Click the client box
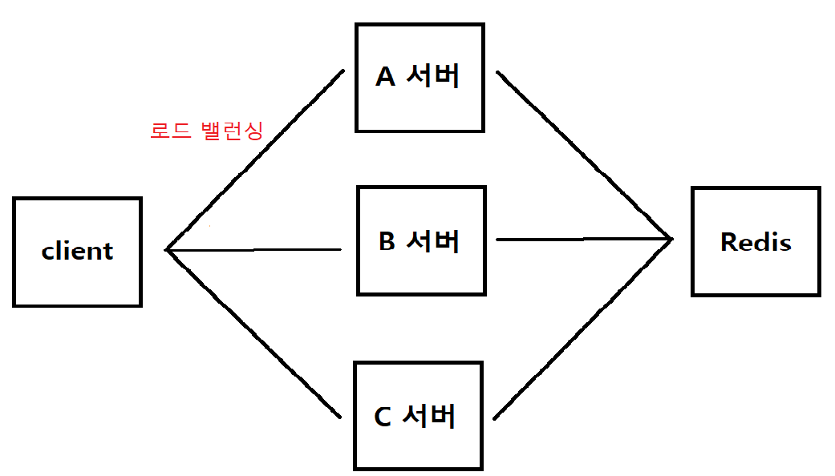coord(77,252)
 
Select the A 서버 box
coord(420,77)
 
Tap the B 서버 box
coord(421,240)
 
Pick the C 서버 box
coord(418,415)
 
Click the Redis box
coord(756,241)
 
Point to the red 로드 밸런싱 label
coord(206,131)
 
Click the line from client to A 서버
coord(255,160)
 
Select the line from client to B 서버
coord(255,250)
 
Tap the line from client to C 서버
coord(255,335)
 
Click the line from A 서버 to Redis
coord(584,155)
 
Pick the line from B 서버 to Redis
coord(584,239)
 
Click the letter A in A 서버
coord(386,77)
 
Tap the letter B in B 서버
coord(387,241)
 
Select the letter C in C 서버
coord(383,417)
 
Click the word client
coord(77,252)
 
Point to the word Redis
coord(756,241)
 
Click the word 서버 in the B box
coord(433,240)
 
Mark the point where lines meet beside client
coord(168,250)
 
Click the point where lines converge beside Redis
coord(670,238)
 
